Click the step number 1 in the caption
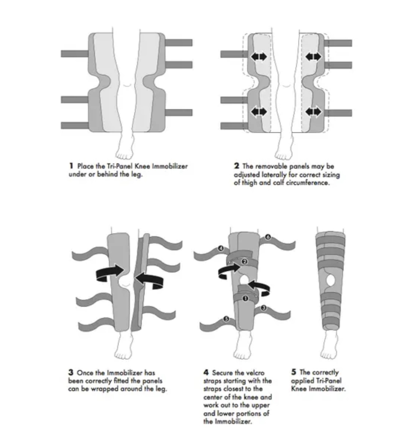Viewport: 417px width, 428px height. (71, 166)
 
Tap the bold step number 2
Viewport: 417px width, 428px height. (237, 166)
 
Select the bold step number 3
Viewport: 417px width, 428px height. (71, 373)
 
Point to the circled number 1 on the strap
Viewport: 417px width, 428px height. (245, 298)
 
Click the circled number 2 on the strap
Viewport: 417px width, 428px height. (244, 262)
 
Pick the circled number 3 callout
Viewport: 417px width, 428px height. (263, 308)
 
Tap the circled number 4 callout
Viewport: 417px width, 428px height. (221, 248)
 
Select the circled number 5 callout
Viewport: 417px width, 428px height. (225, 319)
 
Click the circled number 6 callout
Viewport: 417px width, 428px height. (268, 237)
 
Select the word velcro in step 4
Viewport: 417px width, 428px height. (254, 373)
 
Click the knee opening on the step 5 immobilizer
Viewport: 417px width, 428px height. (330, 281)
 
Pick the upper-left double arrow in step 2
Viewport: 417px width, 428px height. (258, 56)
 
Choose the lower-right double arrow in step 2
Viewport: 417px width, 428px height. (313, 112)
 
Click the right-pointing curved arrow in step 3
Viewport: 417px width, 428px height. (110, 272)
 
